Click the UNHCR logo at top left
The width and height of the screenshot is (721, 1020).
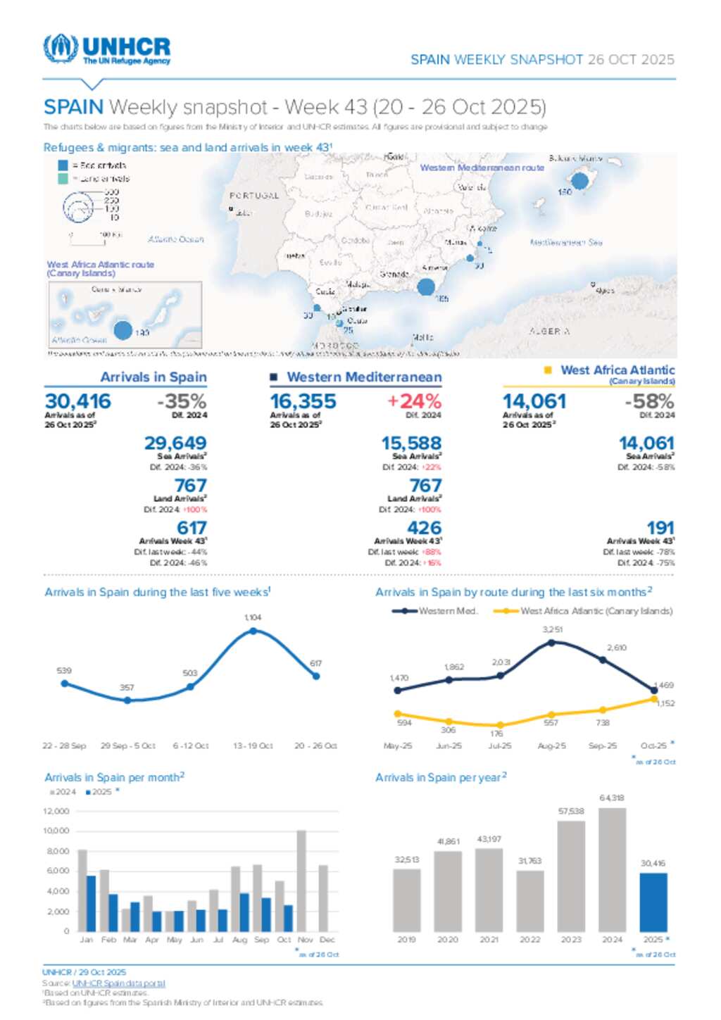(107, 49)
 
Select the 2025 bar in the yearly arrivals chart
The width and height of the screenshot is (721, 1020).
(653, 902)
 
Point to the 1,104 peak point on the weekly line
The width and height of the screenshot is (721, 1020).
(253, 631)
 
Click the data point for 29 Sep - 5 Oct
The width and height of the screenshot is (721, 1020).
(127, 700)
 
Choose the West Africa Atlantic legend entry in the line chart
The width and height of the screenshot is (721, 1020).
(584, 611)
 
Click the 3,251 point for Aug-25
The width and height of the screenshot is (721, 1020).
(551, 642)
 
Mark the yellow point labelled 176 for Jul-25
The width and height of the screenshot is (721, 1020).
(500, 724)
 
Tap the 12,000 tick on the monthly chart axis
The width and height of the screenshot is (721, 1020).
(56, 812)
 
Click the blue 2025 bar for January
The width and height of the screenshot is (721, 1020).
(91, 903)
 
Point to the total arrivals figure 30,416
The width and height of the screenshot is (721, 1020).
(78, 401)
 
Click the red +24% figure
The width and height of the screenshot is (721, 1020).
(414, 401)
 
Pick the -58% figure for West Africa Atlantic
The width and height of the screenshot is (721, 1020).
(649, 401)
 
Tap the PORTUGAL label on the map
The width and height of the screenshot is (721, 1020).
(254, 196)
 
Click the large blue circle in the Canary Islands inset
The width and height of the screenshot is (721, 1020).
(123, 329)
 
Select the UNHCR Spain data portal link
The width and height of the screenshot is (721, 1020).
(118, 983)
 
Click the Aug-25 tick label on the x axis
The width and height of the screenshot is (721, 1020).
(551, 746)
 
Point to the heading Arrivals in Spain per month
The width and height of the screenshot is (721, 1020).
(114, 777)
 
